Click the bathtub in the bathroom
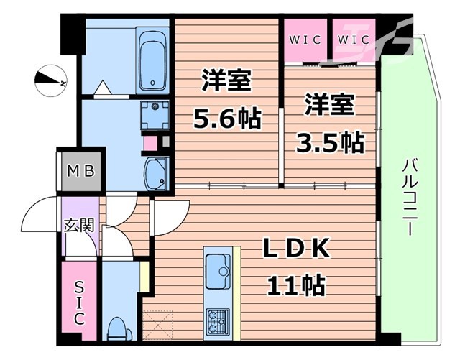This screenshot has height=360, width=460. click(152, 60)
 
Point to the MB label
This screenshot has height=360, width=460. click(81, 171)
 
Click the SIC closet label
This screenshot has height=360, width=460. click(78, 303)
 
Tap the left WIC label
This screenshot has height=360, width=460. click(305, 40)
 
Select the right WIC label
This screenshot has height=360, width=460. click(353, 40)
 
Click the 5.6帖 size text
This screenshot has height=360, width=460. click(227, 118)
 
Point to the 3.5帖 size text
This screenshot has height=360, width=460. click(331, 143)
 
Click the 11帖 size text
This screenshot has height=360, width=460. click(295, 285)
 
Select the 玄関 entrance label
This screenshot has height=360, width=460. click(79, 225)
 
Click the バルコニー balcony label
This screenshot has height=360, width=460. click(409, 197)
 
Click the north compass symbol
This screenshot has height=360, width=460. click(51, 80)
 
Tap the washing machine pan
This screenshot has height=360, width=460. click(155, 115)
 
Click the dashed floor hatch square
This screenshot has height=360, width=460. click(157, 325)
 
